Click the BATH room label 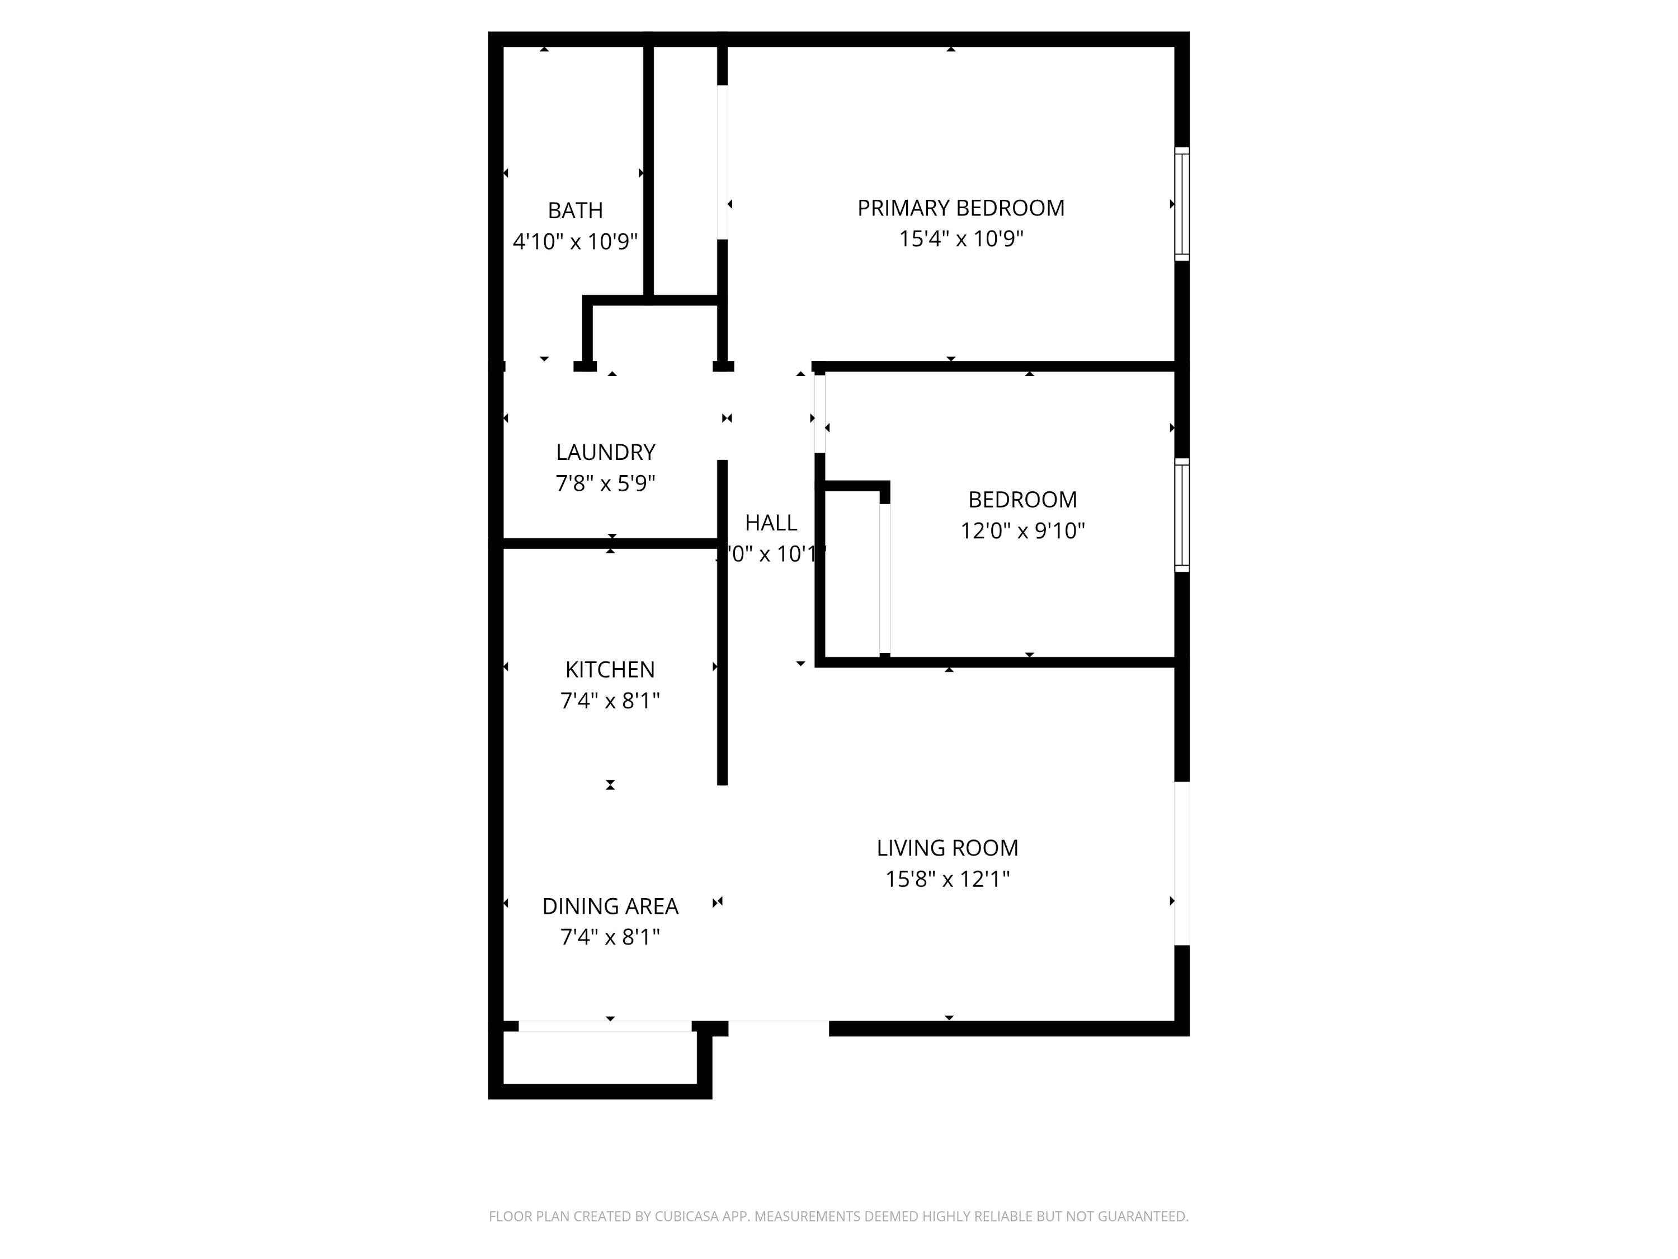575,210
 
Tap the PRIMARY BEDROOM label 960,208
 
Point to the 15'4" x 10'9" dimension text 960,239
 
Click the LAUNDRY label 605,452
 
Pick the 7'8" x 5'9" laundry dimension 605,483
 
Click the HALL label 771,523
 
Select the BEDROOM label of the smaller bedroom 1022,499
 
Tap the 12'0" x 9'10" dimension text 1022,530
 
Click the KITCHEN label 610,669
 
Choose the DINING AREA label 610,906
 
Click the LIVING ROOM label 947,848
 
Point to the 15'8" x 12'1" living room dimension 947,879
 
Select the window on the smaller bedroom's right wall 1182,515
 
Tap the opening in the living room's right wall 1182,863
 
